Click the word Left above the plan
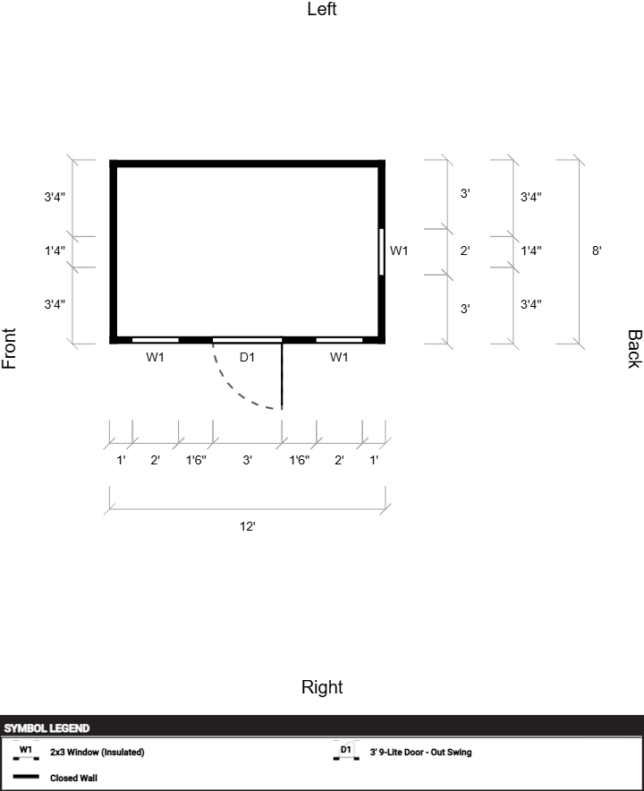[322, 9]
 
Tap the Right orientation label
[322, 687]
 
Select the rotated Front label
[9, 348]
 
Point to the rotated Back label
[634, 349]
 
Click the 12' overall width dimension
[247, 526]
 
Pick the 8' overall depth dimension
[597, 251]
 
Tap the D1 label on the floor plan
[247, 357]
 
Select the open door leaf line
[282, 376]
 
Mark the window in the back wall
[381, 251]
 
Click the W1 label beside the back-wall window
[399, 251]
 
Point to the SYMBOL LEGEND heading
[47, 728]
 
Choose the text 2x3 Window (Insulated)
[97, 753]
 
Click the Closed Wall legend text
[73, 778]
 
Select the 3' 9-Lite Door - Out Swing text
[420, 753]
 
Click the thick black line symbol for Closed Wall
[26, 777]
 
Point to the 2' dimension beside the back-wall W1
[465, 251]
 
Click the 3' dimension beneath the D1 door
[247, 460]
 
